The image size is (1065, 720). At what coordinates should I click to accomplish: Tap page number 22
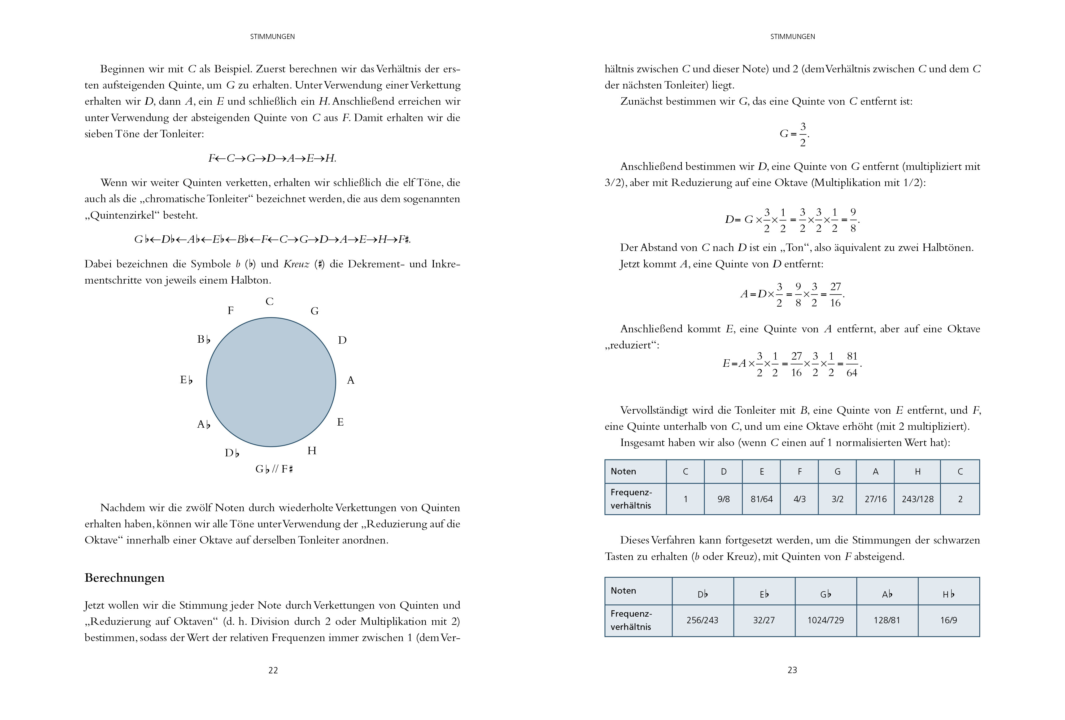tap(273, 670)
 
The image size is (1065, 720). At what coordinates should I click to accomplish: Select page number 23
tap(792, 670)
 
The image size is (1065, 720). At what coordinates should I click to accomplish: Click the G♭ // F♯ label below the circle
tap(274, 469)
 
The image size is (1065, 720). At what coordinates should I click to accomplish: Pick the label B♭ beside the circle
tap(203, 339)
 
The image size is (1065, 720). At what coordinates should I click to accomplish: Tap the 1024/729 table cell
tap(825, 620)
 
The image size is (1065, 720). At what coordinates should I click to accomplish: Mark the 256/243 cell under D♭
tap(702, 620)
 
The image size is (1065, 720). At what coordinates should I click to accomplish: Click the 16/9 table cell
tap(949, 620)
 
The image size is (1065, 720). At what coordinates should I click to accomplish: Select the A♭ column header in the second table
tap(887, 594)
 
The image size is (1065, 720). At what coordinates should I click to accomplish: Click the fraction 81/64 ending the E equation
tap(852, 365)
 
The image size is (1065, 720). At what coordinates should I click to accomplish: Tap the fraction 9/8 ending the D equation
tap(853, 220)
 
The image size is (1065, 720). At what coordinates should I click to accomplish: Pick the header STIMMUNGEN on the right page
tap(792, 37)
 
